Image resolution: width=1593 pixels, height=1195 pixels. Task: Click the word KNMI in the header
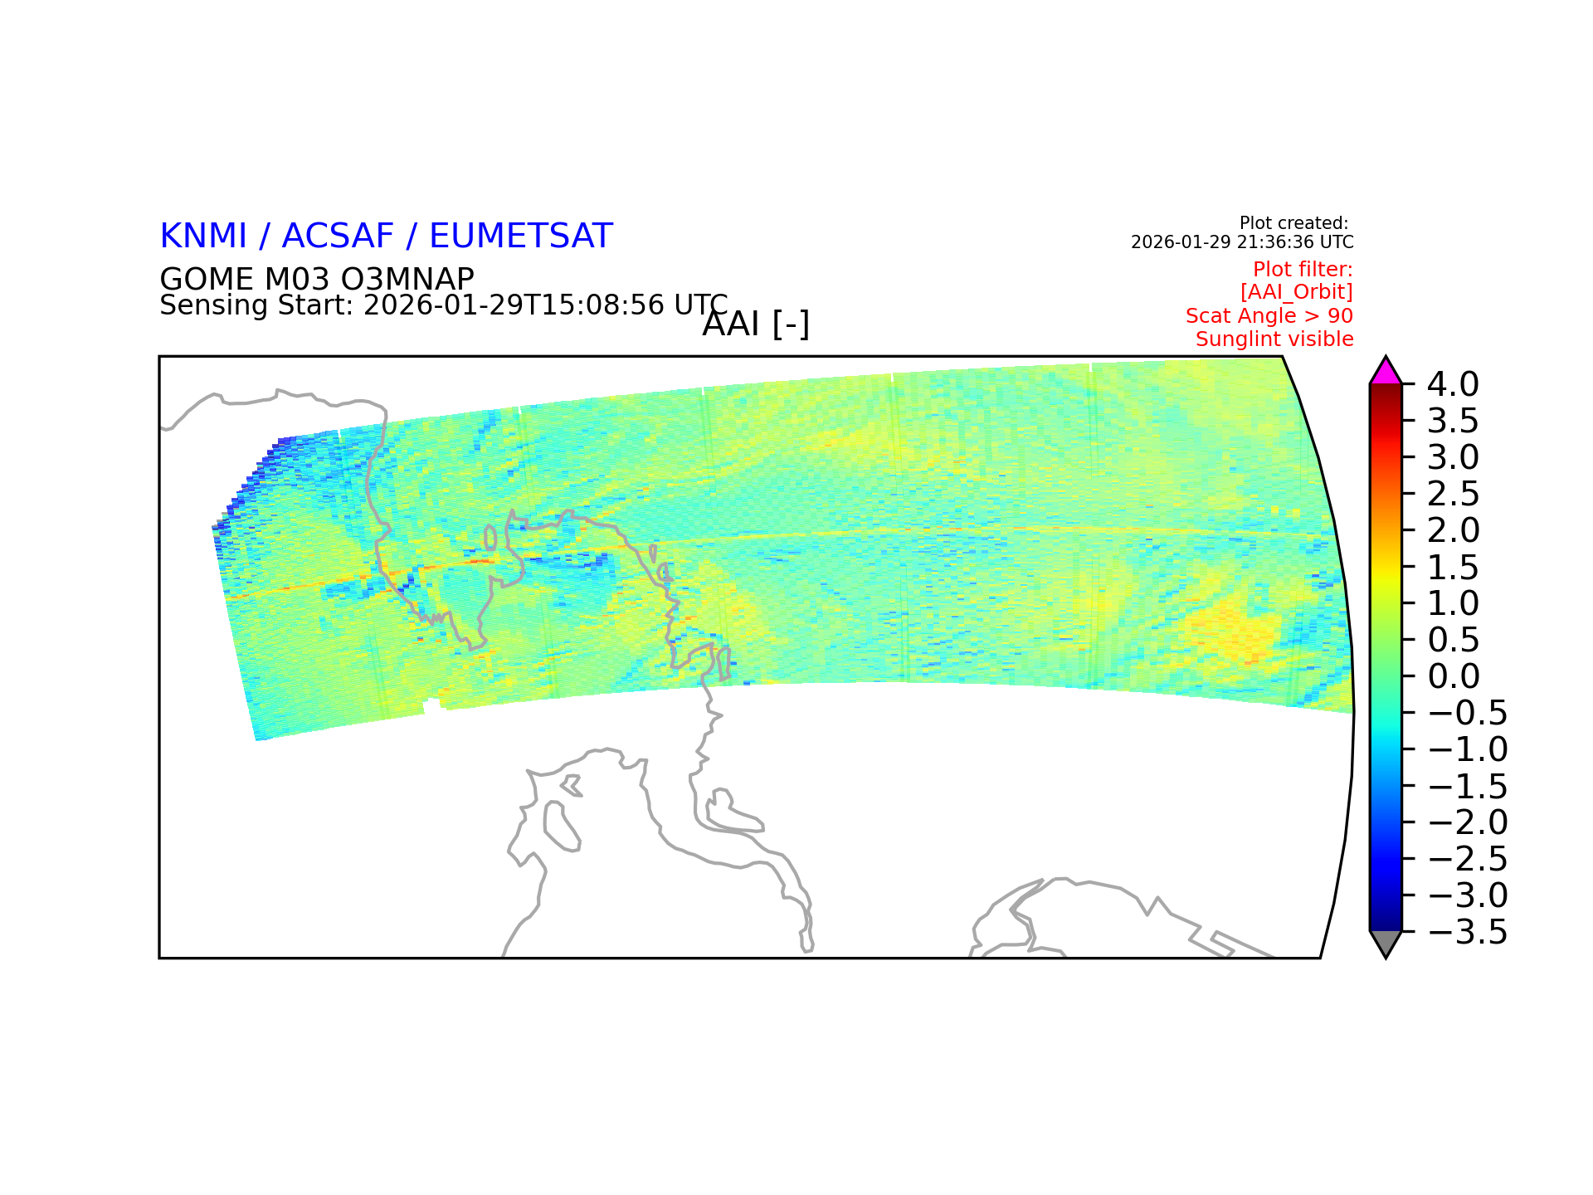[x=203, y=237]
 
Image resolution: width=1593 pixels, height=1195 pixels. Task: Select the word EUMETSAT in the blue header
[x=521, y=237]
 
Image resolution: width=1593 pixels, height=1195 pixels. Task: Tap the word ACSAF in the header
[x=338, y=237]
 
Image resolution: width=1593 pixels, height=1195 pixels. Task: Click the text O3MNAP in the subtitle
[x=407, y=279]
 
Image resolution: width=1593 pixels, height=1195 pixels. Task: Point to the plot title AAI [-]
[x=756, y=324]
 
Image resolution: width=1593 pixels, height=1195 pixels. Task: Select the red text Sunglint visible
[x=1274, y=339]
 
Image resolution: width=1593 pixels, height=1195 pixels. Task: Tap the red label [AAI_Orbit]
[x=1297, y=292]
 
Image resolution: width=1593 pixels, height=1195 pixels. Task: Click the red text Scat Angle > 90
[x=1269, y=316]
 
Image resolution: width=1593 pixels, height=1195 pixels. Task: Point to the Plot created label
[x=1293, y=223]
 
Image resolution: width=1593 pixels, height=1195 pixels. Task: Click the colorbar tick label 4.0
[x=1453, y=384]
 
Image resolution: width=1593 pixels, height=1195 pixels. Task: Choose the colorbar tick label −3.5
[x=1467, y=932]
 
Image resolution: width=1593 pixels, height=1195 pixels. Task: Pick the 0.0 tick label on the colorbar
[x=1453, y=676]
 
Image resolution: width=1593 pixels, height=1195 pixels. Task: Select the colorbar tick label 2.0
[x=1453, y=530]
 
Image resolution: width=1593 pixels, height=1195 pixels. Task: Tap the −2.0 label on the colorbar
[x=1467, y=822]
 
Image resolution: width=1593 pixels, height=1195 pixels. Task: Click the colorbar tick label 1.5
[x=1453, y=568]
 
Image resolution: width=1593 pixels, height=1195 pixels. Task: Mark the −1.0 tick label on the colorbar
[x=1467, y=749]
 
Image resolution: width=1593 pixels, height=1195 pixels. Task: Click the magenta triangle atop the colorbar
[x=1386, y=373]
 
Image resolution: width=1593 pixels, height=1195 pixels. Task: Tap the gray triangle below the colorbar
[x=1386, y=943]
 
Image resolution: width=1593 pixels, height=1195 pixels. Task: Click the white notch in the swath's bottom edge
[x=431, y=706]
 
